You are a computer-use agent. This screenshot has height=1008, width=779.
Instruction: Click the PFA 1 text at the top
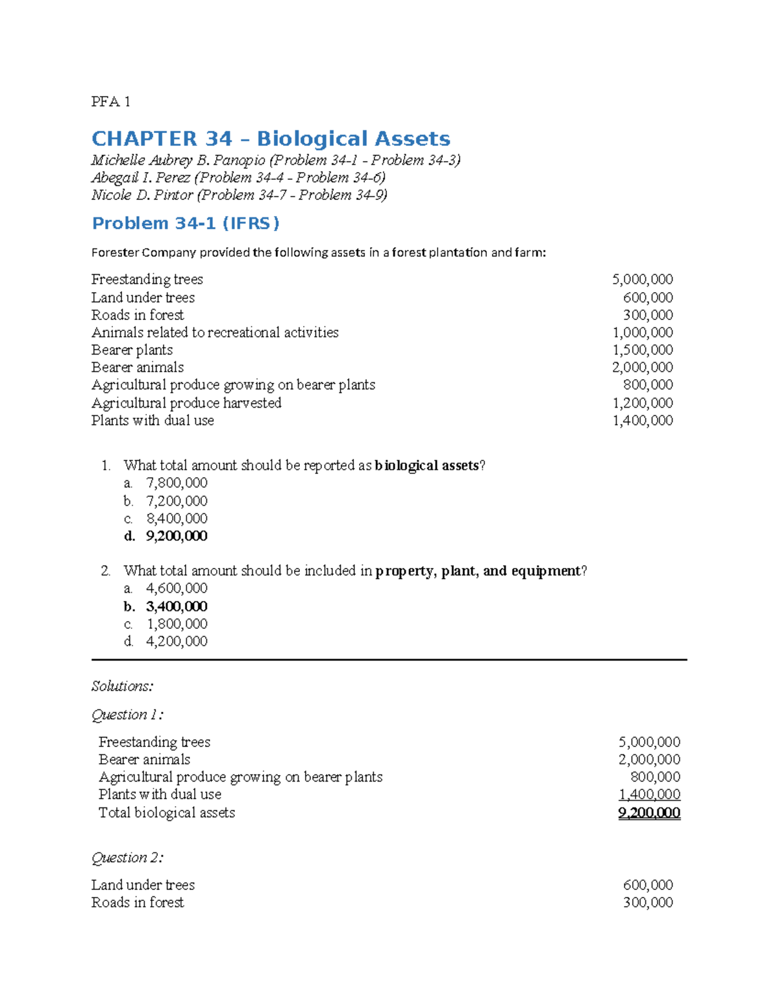110,101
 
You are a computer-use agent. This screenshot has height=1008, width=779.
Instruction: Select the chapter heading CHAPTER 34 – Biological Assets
271,138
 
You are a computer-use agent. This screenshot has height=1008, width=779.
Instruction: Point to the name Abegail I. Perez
140,178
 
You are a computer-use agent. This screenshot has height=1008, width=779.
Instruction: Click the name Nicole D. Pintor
142,195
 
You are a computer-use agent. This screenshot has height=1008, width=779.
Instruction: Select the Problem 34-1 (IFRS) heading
186,223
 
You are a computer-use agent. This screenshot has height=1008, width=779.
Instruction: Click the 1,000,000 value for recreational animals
642,332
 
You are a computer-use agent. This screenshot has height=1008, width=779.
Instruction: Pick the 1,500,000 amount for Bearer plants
642,350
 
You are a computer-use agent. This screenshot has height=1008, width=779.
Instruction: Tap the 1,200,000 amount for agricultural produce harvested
642,403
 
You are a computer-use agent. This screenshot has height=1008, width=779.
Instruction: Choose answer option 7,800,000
177,483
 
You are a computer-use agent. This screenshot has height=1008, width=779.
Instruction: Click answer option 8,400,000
177,519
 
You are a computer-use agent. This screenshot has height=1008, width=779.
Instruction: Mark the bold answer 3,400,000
176,606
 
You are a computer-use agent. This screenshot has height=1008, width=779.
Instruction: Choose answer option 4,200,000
177,641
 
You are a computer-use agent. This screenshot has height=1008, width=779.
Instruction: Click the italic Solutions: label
122,686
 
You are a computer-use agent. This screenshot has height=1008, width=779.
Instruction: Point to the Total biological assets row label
167,813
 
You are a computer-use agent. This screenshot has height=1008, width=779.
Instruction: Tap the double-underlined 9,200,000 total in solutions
649,813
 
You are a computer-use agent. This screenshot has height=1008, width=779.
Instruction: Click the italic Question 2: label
127,857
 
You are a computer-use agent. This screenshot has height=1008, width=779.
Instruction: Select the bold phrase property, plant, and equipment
478,571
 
